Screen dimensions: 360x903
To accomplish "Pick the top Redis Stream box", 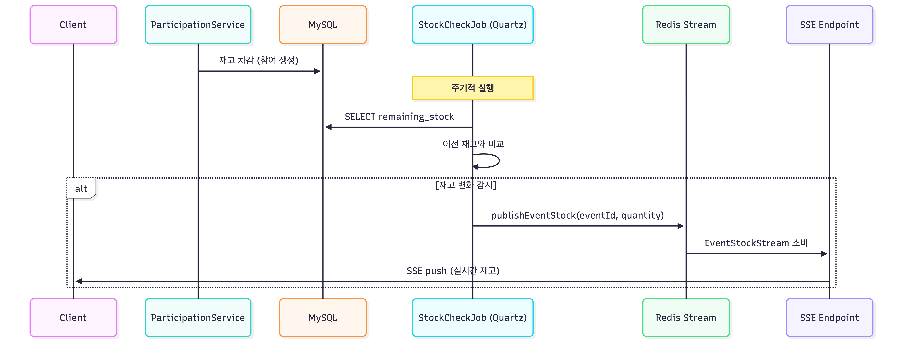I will click(x=686, y=25).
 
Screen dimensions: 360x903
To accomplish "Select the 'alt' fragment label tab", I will click(x=81, y=189).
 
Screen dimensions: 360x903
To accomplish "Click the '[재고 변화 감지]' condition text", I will click(x=465, y=185).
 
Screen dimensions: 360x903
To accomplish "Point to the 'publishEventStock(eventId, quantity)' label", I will click(x=577, y=215).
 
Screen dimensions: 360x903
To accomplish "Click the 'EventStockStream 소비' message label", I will click(x=756, y=243).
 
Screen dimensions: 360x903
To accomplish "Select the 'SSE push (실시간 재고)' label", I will click(x=453, y=271).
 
